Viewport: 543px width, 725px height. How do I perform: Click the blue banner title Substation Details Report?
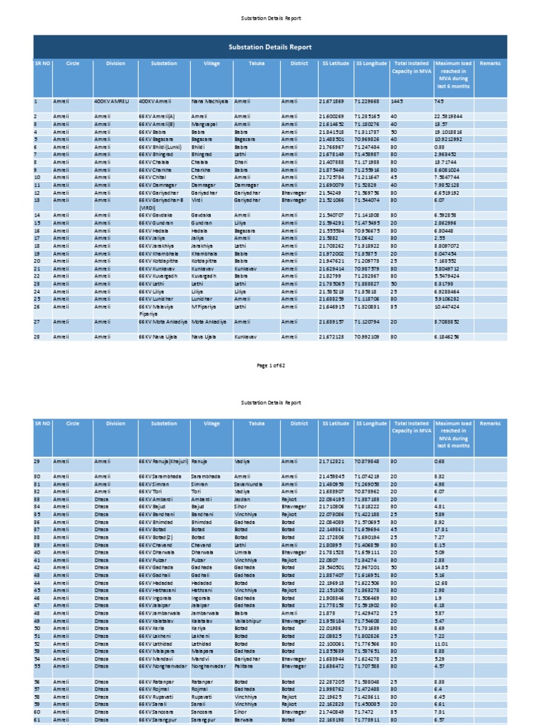pos(270,46)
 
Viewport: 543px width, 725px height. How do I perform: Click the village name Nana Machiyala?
pos(210,102)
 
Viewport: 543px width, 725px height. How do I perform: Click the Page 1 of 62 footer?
pos(271,365)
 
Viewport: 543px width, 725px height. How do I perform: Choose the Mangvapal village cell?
pos(204,124)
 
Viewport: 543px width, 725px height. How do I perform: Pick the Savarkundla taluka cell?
pos(252,484)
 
